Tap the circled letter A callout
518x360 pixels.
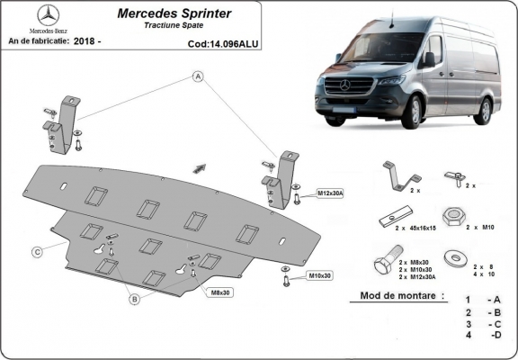coord(194,77)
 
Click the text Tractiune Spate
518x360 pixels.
coord(174,26)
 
